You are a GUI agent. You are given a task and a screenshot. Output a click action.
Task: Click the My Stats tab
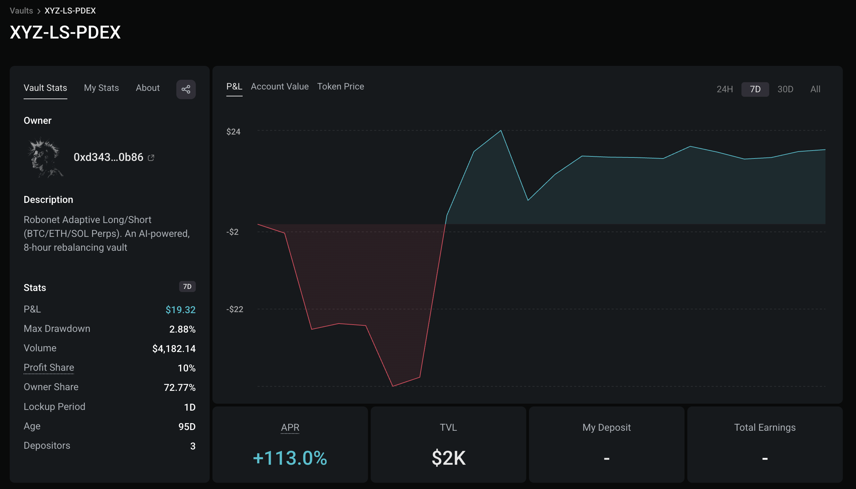point(101,88)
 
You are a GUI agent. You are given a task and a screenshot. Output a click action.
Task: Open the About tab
point(148,88)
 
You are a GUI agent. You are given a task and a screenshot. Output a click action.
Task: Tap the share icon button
point(186,89)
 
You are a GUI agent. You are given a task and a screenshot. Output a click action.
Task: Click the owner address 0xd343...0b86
point(108,157)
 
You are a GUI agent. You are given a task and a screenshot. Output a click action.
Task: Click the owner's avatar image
point(45,158)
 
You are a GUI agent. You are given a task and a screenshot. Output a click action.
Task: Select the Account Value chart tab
point(279,87)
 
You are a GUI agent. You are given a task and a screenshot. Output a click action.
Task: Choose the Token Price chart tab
point(340,87)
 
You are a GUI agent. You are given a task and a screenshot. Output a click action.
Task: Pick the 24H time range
point(724,89)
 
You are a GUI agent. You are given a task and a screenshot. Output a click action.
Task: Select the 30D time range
point(785,89)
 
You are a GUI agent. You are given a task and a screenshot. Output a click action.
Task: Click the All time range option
point(815,89)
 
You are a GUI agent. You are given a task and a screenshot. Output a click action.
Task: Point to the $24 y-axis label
point(233,132)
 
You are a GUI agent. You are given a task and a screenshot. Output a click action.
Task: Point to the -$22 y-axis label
point(235,309)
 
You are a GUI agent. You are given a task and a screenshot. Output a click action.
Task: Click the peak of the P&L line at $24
point(501,131)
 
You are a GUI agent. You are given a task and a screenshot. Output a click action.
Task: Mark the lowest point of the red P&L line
point(393,386)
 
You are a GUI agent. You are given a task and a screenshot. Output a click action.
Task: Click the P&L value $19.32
point(181,310)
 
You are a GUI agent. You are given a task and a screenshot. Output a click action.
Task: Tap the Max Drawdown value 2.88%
point(182,329)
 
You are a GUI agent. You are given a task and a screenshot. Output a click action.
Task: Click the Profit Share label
point(49,368)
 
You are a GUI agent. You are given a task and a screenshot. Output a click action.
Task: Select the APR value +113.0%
point(290,458)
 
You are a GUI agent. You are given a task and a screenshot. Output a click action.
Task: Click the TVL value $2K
point(448,458)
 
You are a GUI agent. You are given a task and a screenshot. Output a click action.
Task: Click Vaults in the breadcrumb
point(21,11)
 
